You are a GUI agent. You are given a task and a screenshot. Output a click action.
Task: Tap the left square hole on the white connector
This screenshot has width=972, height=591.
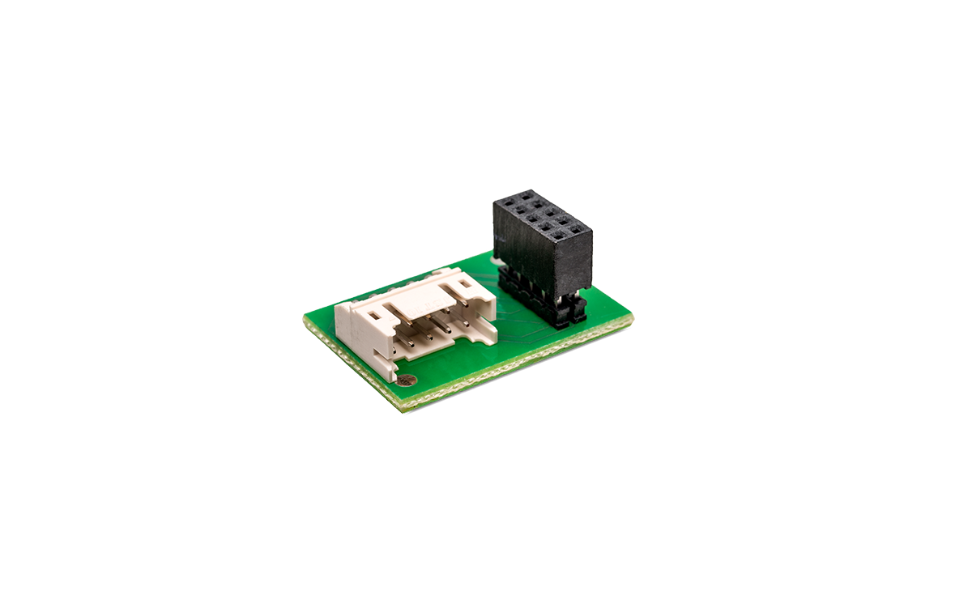pos(377,311)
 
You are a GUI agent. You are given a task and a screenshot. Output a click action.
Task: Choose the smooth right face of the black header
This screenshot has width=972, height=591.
pos(573,263)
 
